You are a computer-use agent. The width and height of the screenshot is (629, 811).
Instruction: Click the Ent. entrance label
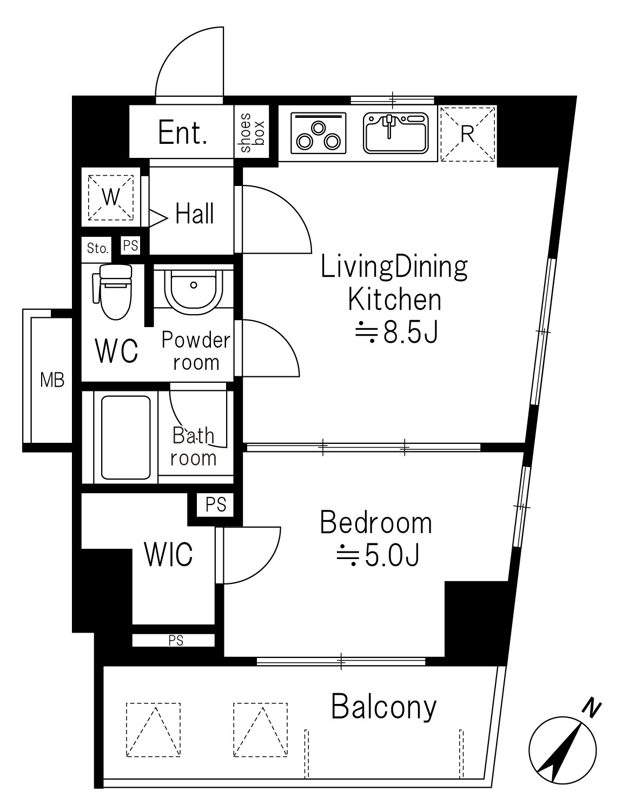(x=182, y=132)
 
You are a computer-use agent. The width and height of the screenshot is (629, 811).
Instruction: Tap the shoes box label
(x=252, y=132)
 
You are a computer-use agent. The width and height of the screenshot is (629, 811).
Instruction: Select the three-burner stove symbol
(x=318, y=133)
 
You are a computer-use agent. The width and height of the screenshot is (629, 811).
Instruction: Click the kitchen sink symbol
(x=396, y=133)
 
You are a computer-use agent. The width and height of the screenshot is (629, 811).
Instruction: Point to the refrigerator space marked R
(x=468, y=134)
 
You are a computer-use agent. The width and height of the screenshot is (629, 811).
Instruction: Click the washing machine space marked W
(x=111, y=197)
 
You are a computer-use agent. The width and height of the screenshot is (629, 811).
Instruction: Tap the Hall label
(x=195, y=214)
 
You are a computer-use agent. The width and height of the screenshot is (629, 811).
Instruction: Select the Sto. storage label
(x=97, y=248)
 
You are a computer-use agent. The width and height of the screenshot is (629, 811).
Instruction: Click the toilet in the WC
(x=113, y=291)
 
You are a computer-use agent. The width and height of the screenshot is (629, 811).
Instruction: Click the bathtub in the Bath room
(x=126, y=437)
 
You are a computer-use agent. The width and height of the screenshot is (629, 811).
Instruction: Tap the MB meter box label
(x=52, y=380)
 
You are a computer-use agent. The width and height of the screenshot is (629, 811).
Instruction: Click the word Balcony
(x=384, y=707)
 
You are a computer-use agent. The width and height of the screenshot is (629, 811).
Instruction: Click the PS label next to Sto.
(x=131, y=245)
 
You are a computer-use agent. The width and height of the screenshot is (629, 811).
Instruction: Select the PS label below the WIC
(x=176, y=641)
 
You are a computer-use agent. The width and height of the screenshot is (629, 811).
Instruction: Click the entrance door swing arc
(x=175, y=45)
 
